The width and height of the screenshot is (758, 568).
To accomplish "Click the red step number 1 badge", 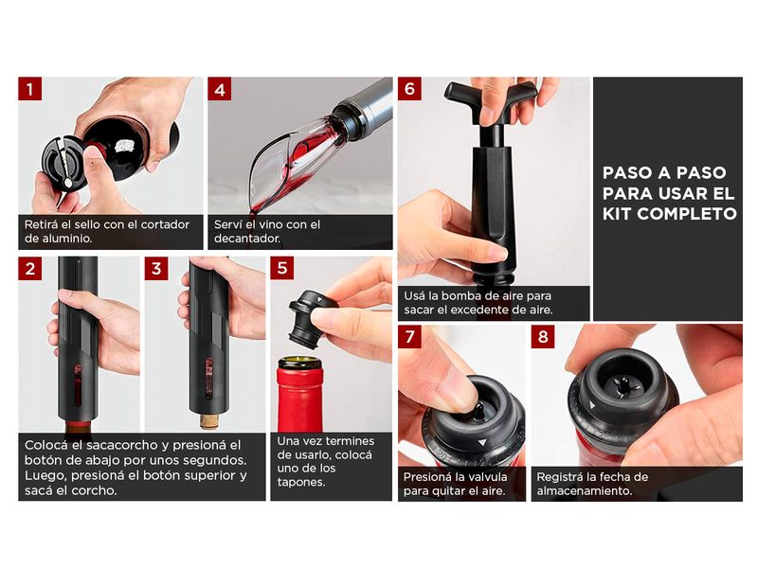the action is (x=30, y=89).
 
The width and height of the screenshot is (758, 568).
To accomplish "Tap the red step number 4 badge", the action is (x=220, y=89).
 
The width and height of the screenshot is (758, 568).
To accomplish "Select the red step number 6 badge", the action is (x=409, y=89).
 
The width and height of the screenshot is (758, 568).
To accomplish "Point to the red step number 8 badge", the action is (x=543, y=336).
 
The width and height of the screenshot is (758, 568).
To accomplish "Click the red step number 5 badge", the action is (x=281, y=268).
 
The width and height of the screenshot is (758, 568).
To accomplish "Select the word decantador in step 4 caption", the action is (x=247, y=239).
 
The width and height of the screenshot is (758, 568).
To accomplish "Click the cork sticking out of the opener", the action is (x=210, y=420).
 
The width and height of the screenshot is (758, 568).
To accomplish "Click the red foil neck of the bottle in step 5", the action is (x=299, y=399).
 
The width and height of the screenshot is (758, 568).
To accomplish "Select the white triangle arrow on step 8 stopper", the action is (x=592, y=405).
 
